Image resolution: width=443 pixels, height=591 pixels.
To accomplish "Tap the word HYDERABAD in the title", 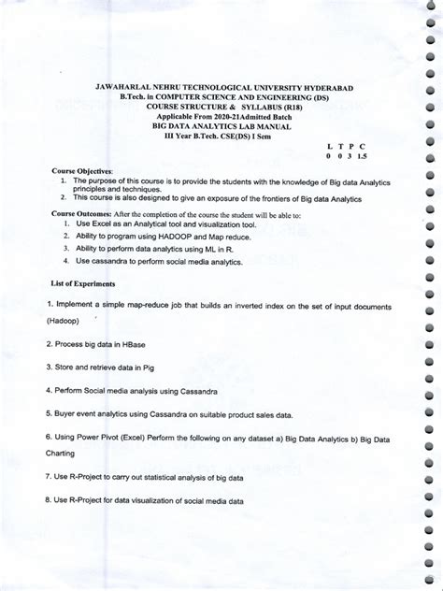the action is click(x=325, y=86).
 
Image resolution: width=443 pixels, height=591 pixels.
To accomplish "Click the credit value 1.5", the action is click(x=363, y=157).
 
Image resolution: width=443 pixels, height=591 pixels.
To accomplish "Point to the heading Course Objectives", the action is click(x=81, y=173).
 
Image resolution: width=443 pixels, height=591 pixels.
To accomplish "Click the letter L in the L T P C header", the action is click(x=329, y=146).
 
